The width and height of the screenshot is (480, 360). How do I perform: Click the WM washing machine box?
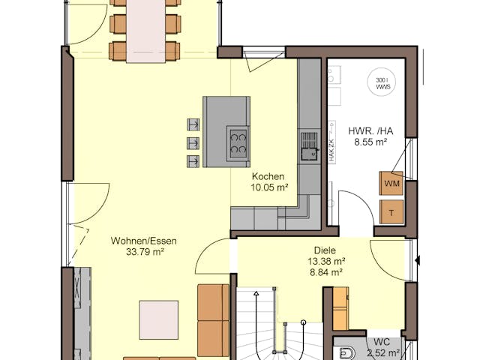click(391, 182)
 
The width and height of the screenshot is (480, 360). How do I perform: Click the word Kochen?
click(268, 177)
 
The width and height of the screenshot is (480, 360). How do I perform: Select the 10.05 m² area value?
click(270, 187)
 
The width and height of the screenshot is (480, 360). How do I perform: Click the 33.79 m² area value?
click(145, 252)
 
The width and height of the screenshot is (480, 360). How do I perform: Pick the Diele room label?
click(325, 251)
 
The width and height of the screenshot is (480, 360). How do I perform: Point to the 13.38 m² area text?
click(325, 262)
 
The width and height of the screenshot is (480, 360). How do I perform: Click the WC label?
click(382, 341)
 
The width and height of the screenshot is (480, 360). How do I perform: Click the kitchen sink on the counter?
click(308, 145)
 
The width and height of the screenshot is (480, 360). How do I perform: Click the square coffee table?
click(158, 320)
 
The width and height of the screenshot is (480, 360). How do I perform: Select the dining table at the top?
click(145, 28)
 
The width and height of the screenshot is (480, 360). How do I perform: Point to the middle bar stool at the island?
click(193, 142)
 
